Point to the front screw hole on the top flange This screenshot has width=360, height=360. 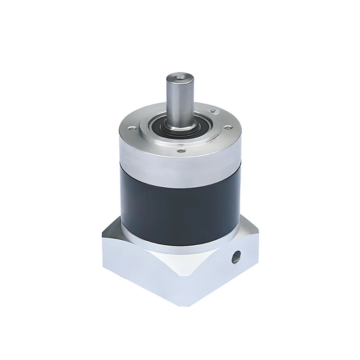tap(181, 151)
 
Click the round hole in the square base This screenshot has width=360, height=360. tap(235, 257)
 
